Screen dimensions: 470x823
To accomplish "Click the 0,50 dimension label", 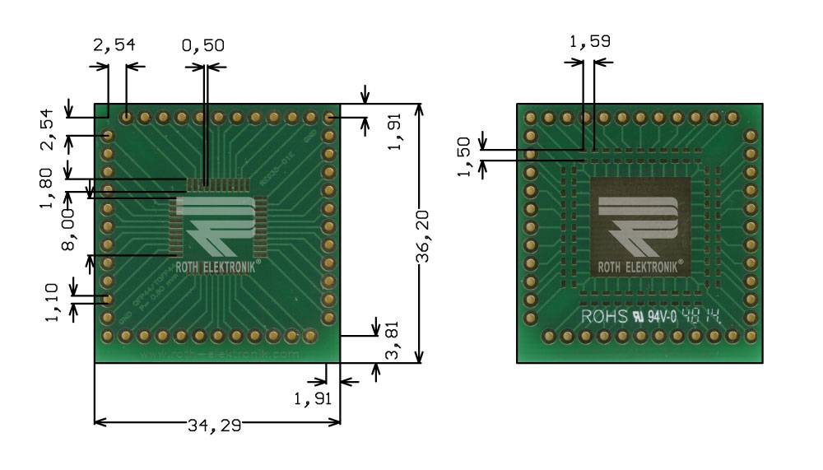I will pos(202,46).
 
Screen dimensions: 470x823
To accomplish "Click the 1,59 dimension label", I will pos(590,41).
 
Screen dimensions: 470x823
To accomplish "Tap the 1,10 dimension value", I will pos(53,301).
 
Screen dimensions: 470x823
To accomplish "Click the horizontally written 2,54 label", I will pos(114,46).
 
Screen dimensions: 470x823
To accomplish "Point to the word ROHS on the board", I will pos(604,316).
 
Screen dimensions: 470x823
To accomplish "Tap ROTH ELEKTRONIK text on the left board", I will pos(217,266).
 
